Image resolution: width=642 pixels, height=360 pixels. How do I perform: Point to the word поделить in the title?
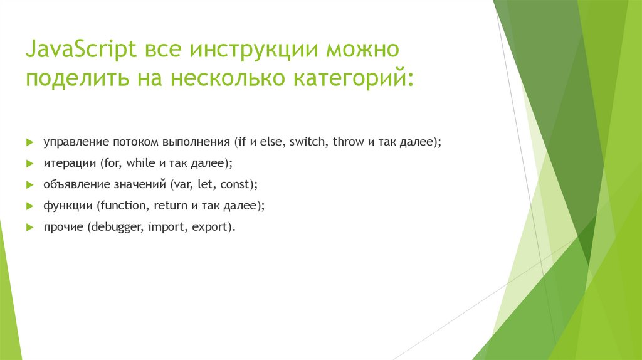73,80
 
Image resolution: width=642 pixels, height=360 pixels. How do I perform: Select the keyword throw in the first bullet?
347,142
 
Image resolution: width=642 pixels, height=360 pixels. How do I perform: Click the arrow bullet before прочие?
29,227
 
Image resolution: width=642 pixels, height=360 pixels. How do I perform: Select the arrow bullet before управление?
29,142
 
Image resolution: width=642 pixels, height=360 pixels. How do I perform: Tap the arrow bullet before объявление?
29,184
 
